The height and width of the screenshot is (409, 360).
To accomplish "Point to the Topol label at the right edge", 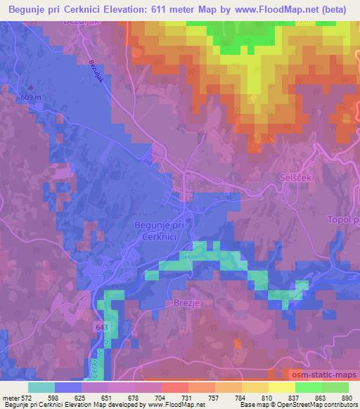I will coord(343,220).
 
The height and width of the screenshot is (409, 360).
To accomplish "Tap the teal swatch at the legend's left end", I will coord(41,387).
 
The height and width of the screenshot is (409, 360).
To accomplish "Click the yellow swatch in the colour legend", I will coord(281,387).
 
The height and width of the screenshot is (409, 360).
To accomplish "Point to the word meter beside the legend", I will coord(8,398).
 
